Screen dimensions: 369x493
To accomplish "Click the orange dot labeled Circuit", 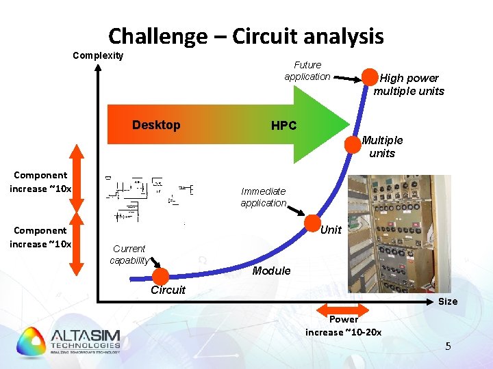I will pyautogui.click(x=161, y=276).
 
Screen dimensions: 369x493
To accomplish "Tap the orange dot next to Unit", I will pyautogui.click(x=311, y=223).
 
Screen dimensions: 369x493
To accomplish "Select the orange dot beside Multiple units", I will pyautogui.click(x=352, y=143).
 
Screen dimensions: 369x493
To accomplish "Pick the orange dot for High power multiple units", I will pyautogui.click(x=370, y=77).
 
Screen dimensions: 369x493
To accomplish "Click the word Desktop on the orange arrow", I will pyautogui.click(x=156, y=125).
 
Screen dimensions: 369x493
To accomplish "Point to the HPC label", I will pyautogui.click(x=283, y=126).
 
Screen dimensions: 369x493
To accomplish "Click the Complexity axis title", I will pyautogui.click(x=98, y=55).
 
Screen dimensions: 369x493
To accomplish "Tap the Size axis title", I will pyautogui.click(x=448, y=301).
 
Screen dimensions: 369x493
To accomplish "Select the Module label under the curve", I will pyautogui.click(x=271, y=271).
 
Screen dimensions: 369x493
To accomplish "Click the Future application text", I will pyautogui.click(x=307, y=70).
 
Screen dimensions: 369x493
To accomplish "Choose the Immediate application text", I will pyautogui.click(x=264, y=197).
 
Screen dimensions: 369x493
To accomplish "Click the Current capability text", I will pyautogui.click(x=129, y=254).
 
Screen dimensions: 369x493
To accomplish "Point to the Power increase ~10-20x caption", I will pyautogui.click(x=344, y=325).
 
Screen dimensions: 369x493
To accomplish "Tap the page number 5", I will pyautogui.click(x=448, y=346).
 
